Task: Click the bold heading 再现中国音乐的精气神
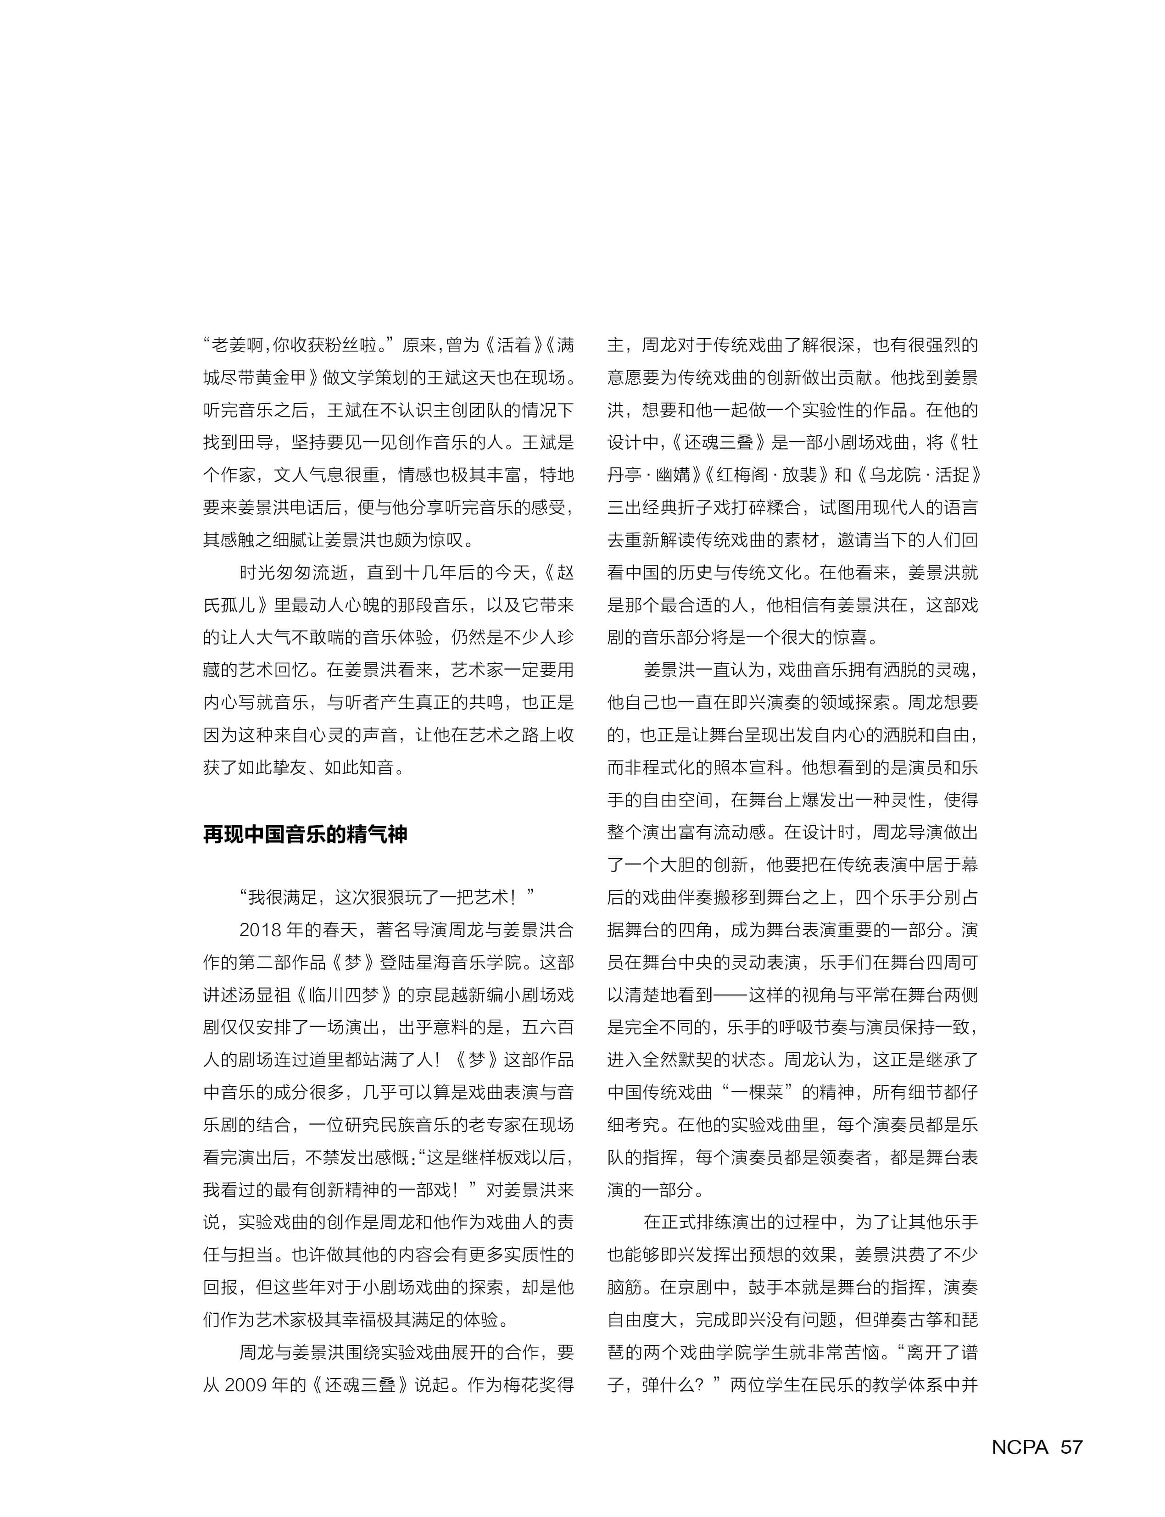point(305,834)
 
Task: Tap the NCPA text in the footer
point(1020,1446)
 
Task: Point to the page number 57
point(1071,1446)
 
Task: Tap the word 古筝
point(907,1320)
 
